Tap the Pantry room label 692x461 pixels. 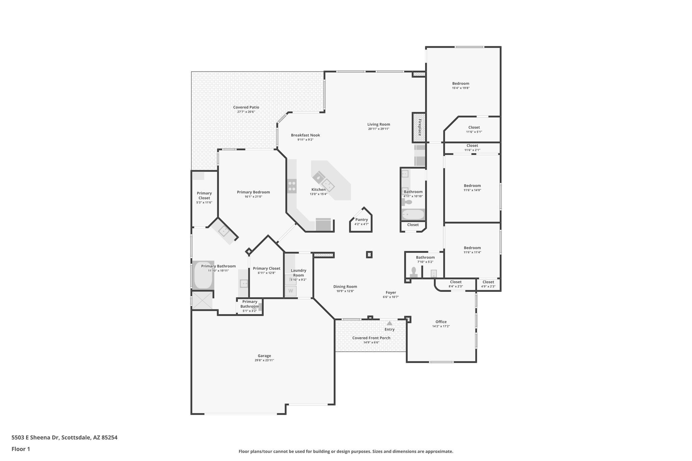pos(361,220)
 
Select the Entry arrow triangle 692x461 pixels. pos(389,323)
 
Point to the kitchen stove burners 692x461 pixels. pos(292,186)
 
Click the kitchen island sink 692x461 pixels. pos(327,184)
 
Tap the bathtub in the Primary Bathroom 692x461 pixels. pos(203,275)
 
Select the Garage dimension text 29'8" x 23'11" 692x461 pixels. pos(264,360)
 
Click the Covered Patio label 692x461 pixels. pos(246,107)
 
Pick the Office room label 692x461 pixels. pos(441,322)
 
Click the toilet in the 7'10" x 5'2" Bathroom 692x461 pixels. pos(413,271)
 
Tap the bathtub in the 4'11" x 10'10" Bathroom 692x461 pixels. pos(413,214)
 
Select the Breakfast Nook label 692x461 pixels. pos(305,135)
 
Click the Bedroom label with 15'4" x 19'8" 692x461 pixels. pos(461,83)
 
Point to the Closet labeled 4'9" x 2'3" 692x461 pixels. pos(488,282)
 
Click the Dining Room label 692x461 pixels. pos(345,287)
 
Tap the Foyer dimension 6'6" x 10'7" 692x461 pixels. pos(391,297)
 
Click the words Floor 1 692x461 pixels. pos(21,449)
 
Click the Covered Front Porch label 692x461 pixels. pos(371,338)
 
